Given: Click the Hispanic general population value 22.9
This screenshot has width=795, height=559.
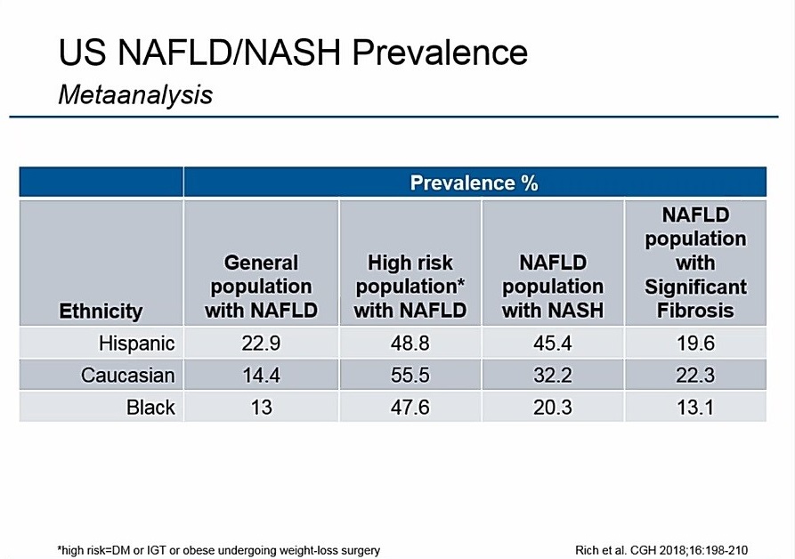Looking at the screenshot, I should click(x=261, y=344).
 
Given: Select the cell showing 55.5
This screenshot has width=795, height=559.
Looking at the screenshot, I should click(x=410, y=376).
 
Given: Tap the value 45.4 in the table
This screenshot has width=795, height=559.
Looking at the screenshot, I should click(x=553, y=344).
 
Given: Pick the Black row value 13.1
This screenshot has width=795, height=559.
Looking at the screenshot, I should click(x=695, y=408).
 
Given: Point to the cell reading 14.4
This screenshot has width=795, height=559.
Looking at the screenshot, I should click(x=261, y=376).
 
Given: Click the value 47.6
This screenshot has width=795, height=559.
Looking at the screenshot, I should click(x=410, y=408).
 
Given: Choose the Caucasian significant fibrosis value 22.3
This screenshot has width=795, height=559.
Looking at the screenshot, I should click(x=695, y=376).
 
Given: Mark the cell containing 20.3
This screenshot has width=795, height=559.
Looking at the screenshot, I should click(x=553, y=408).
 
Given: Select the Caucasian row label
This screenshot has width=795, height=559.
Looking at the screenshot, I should click(x=127, y=376).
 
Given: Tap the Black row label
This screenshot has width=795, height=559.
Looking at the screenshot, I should click(x=150, y=408).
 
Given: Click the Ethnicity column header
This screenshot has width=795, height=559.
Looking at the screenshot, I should click(x=101, y=311).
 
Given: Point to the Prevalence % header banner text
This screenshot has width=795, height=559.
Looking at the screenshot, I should click(x=474, y=183).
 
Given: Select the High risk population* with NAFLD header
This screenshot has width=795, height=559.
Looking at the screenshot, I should click(x=410, y=287).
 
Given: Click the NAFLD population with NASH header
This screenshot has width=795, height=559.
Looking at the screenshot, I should click(x=553, y=287).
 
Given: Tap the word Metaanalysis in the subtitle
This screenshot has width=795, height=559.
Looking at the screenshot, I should click(x=135, y=93).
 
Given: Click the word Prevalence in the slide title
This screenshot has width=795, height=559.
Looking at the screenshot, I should click(x=440, y=53).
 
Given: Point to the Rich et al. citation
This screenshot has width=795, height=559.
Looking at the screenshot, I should click(x=670, y=550).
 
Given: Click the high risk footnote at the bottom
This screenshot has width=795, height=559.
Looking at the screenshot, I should click(x=218, y=550).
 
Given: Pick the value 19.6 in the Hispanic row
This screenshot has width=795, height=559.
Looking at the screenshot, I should click(x=695, y=344).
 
